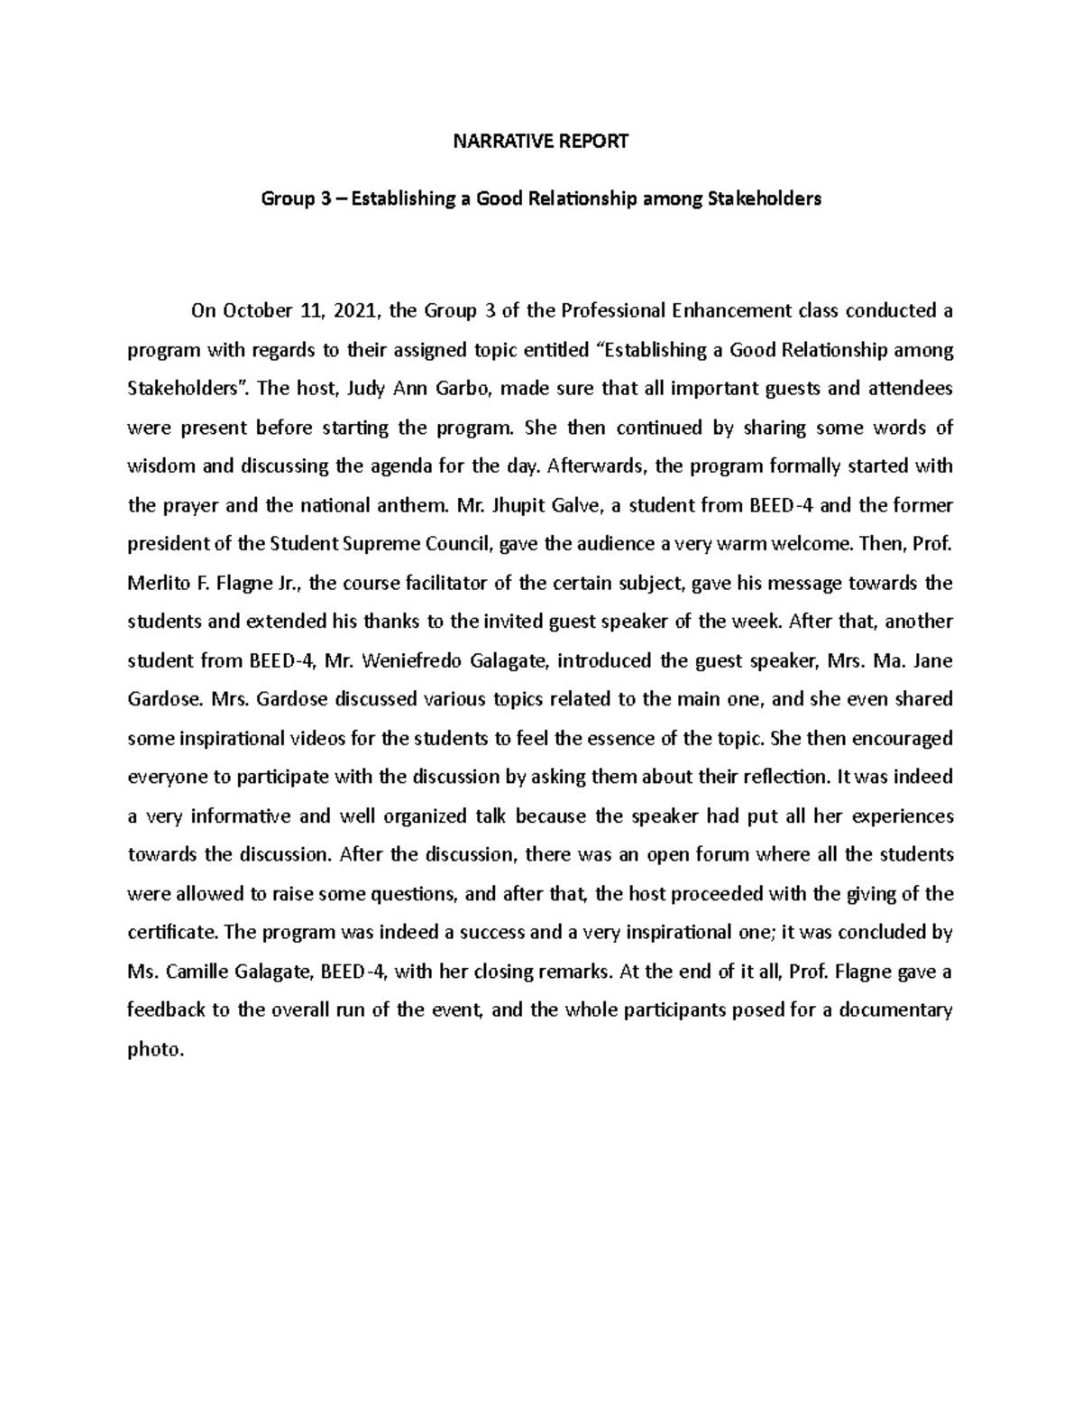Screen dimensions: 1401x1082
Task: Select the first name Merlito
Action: pos(157,583)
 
